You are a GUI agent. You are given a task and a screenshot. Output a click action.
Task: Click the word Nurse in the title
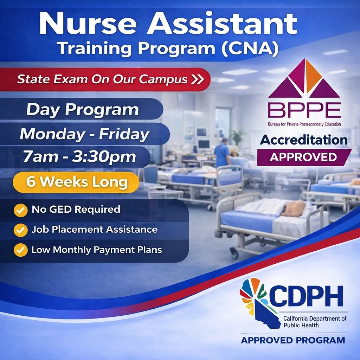pyautogui.click(x=88, y=24)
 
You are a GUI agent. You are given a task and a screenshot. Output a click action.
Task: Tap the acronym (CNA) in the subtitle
pyautogui.click(x=250, y=49)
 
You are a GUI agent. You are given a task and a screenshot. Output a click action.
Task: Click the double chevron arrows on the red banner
pyautogui.click(x=198, y=79)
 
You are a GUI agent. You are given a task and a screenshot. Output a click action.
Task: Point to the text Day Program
pyautogui.click(x=83, y=110)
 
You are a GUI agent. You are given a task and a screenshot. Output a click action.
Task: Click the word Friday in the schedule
pyautogui.click(x=124, y=134)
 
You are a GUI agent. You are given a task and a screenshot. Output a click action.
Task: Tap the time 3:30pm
pyautogui.click(x=104, y=157)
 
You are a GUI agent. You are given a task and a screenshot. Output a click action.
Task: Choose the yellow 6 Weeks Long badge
pyautogui.click(x=76, y=182)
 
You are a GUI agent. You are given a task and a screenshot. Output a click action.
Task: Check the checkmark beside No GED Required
pyautogui.click(x=21, y=210)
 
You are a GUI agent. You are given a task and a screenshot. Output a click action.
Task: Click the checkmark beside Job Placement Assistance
pyautogui.click(x=21, y=230)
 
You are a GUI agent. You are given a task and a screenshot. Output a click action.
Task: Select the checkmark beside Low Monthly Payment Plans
pyautogui.click(x=21, y=250)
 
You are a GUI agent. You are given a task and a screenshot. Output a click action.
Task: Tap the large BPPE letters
pyautogui.click(x=304, y=110)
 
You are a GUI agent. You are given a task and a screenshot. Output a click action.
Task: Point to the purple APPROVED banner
pyautogui.click(x=304, y=157)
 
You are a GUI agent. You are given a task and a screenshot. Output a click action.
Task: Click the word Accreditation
pyautogui.click(x=303, y=140)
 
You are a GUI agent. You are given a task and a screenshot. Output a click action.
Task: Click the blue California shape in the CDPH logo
pyautogui.click(x=266, y=315)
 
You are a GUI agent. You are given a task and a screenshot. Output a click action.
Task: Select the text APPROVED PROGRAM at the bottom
pyautogui.click(x=293, y=340)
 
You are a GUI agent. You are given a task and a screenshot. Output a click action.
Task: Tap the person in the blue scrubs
pyautogui.click(x=222, y=152)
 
